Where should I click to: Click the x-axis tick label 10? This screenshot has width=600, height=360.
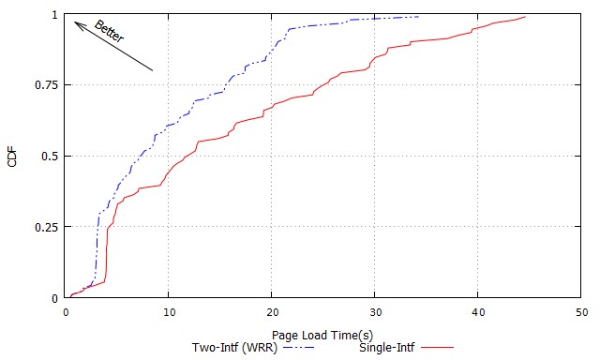[x=168, y=311]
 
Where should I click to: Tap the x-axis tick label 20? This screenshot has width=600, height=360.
[x=271, y=311]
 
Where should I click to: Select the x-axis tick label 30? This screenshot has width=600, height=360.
[x=374, y=311]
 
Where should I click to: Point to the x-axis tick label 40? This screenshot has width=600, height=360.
[x=477, y=311]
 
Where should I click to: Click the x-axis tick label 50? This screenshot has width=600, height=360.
[x=580, y=311]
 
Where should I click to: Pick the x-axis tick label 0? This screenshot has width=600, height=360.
[x=66, y=311]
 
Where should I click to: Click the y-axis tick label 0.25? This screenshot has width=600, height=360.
[x=46, y=227]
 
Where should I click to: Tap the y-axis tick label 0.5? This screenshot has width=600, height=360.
[x=50, y=157]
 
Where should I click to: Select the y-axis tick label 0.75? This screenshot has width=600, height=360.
[x=46, y=85]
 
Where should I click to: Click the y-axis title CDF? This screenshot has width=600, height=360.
[x=12, y=157]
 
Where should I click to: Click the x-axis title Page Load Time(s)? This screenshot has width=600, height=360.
[x=322, y=335]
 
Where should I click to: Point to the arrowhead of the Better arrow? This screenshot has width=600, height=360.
[x=75, y=22]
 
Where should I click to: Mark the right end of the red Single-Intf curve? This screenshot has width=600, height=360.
[x=525, y=16]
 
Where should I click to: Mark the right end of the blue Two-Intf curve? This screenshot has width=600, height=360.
[x=418, y=16]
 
